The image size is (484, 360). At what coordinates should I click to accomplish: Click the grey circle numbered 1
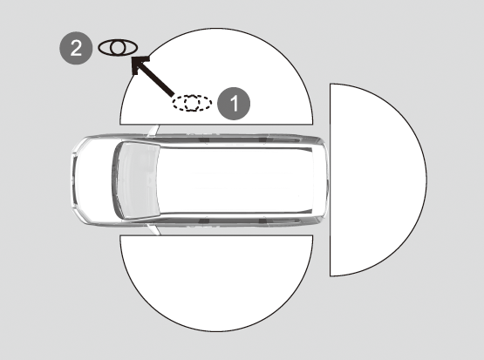coord(234,104)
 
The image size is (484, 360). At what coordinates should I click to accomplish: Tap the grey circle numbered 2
coord(76,48)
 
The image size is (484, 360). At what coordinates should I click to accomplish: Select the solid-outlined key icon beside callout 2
coord(118,48)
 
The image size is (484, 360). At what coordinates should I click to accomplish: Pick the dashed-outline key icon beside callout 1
coord(192,103)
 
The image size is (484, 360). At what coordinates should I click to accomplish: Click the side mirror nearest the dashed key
coord(153,131)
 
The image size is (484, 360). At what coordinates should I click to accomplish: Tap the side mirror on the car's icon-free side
coord(153,229)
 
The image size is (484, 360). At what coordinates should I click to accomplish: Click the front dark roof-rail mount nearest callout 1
coord(204,139)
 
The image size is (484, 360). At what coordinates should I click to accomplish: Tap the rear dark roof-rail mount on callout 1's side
coord(262,139)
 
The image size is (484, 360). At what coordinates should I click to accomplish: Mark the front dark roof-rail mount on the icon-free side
coord(204,221)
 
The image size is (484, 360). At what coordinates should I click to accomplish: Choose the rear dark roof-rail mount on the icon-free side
coord(262,221)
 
